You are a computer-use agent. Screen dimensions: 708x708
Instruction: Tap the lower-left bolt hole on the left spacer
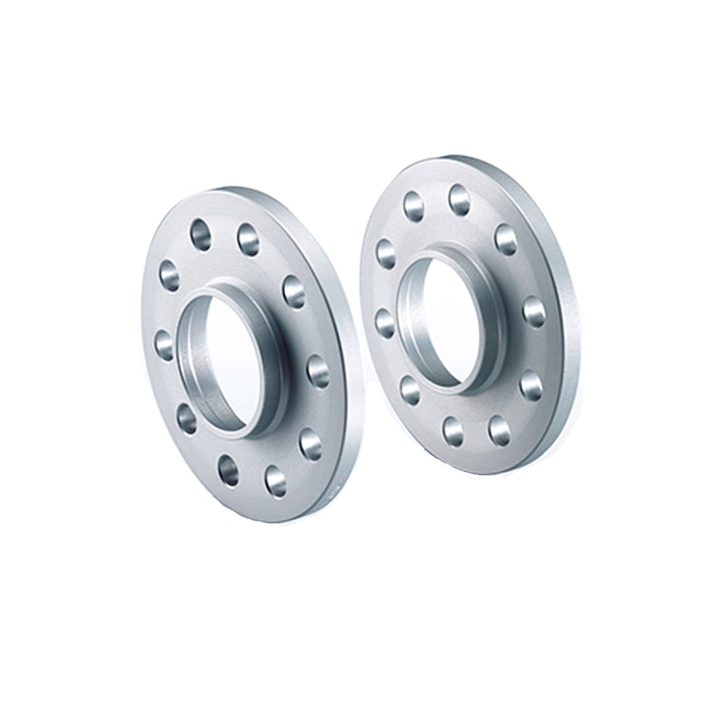coord(186,415)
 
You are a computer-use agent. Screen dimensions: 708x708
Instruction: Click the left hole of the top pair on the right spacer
coord(413,202)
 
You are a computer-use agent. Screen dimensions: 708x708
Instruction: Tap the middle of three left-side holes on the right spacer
coord(385,320)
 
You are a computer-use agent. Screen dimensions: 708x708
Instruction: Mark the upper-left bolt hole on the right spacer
coord(384,252)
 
